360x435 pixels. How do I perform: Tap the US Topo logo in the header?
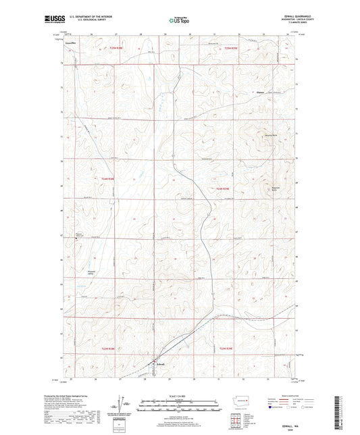click(178, 21)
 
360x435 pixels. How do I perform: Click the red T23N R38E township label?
click(108, 349)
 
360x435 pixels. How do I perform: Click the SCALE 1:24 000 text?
click(180, 396)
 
